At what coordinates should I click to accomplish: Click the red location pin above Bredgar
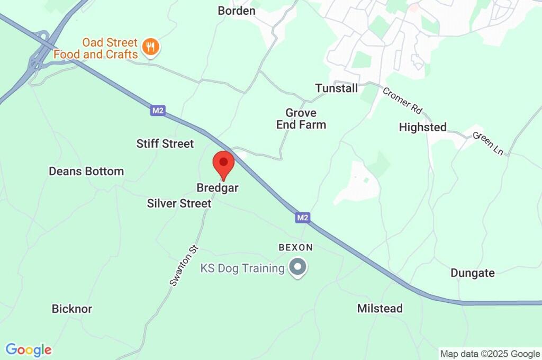coord(223,164)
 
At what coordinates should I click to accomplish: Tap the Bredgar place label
coord(218,188)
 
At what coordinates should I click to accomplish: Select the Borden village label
coord(237,11)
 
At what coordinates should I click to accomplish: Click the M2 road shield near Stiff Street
coord(158,111)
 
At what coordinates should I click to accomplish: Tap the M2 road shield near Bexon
coord(302,217)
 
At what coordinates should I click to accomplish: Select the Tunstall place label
coord(337,88)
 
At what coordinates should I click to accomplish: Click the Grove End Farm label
coord(301,119)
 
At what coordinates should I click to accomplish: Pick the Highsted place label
coord(422,127)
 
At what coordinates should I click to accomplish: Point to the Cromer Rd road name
coord(403,100)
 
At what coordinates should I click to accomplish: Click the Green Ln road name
coord(488,143)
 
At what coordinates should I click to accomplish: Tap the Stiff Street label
coord(165,143)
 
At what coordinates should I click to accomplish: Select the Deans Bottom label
coord(86,171)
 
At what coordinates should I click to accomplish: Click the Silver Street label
coord(179,203)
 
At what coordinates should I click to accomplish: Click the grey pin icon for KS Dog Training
coord(297,267)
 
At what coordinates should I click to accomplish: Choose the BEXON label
coord(295,247)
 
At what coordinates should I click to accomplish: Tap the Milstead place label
coord(380,308)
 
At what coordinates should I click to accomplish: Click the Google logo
coord(29,350)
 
